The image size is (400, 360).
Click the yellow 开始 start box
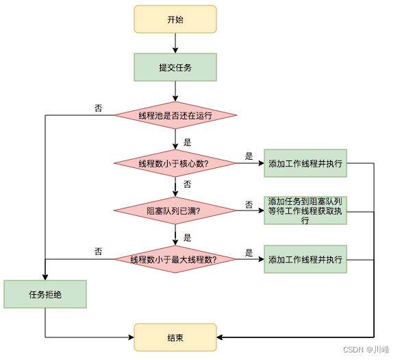click(x=175, y=19)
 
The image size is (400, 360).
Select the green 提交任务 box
click(x=175, y=67)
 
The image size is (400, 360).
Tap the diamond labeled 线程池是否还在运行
click(x=175, y=116)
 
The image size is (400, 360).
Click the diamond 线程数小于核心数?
click(x=175, y=163)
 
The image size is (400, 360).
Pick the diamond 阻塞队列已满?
click(x=175, y=211)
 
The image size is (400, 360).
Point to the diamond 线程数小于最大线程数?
click(x=175, y=259)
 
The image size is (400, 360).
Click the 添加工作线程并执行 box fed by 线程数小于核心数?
click(x=305, y=163)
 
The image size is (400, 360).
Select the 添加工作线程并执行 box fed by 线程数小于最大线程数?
click(x=305, y=259)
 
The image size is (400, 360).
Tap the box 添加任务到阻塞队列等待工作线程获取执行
click(x=305, y=206)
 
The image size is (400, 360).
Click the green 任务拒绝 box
click(x=45, y=294)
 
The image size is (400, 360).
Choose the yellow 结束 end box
click(x=175, y=337)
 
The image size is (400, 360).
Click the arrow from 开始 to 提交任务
click(x=175, y=43)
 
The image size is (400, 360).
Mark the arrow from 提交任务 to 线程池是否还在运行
click(x=175, y=90)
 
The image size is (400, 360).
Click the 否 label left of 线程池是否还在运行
click(x=99, y=108)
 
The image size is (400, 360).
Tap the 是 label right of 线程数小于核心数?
click(x=249, y=156)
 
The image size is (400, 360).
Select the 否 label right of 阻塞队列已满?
click(x=249, y=204)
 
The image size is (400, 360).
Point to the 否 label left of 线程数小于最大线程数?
click(x=99, y=252)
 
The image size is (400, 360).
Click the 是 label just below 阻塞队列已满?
click(x=187, y=237)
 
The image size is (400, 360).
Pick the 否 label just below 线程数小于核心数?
click(x=187, y=185)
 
